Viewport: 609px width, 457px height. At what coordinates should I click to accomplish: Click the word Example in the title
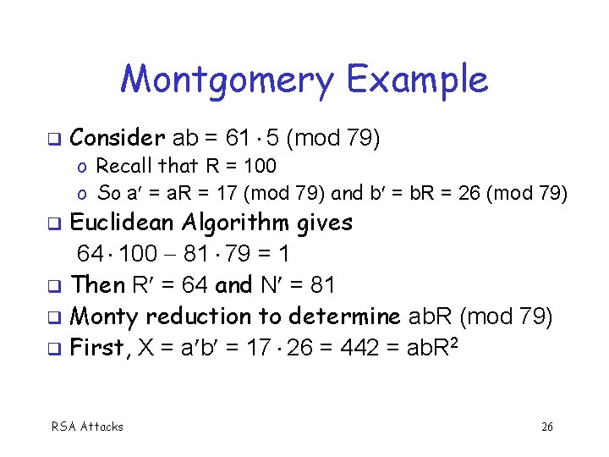pyautogui.click(x=417, y=81)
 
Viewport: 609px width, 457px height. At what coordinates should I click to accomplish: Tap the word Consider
pyautogui.click(x=118, y=137)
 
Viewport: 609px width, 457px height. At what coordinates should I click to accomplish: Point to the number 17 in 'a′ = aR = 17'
pyautogui.click(x=227, y=193)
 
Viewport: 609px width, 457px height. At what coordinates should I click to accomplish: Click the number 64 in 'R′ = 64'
pyautogui.click(x=198, y=284)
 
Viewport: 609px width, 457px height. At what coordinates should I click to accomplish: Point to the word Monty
pyautogui.click(x=105, y=316)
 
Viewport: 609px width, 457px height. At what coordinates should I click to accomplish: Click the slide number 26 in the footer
pyautogui.click(x=547, y=427)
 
